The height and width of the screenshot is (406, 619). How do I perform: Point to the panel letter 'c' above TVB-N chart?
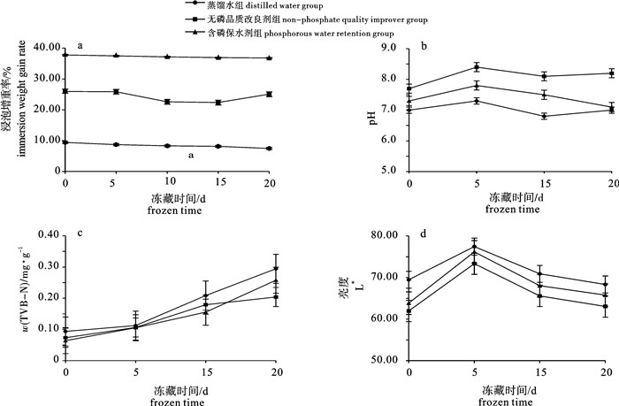point(80,233)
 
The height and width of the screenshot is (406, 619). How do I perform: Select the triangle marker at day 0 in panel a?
point(65,55)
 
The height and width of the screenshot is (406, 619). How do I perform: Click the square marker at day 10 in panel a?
point(167,102)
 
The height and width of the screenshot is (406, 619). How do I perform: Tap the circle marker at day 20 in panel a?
point(270,149)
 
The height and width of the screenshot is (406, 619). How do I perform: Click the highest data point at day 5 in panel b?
point(476,67)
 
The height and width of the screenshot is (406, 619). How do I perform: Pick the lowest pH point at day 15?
point(544,116)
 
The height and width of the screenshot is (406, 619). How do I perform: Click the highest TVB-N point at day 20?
point(276,268)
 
